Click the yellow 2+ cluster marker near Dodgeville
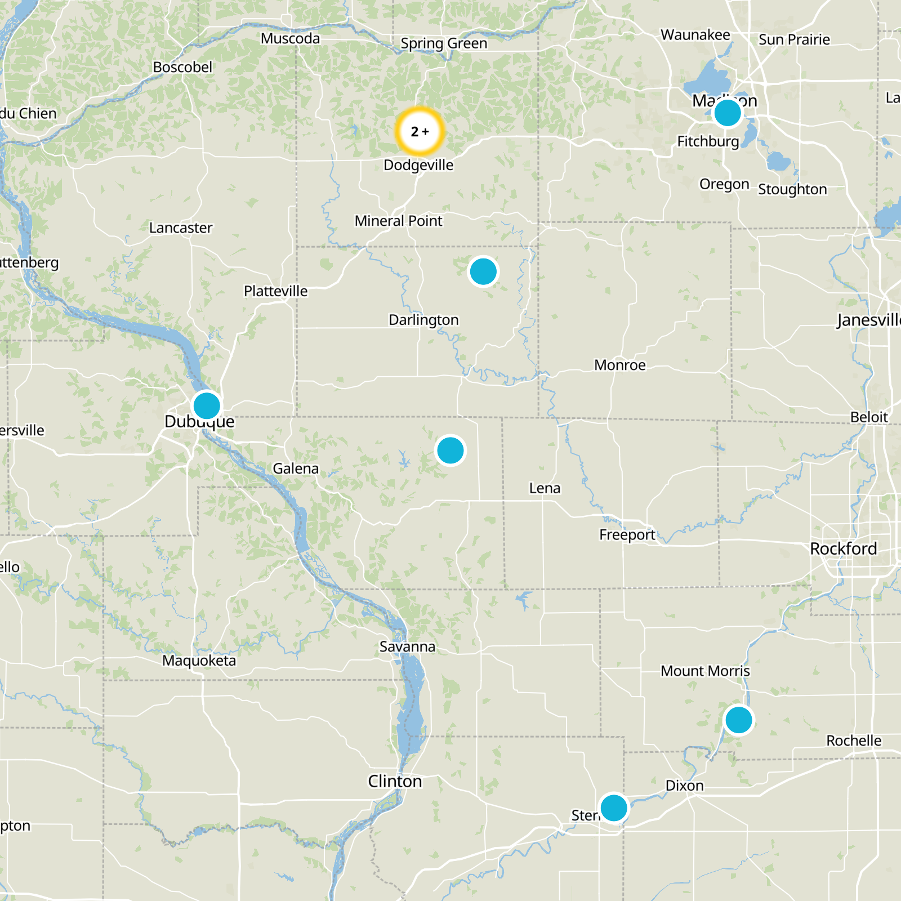pos(420,131)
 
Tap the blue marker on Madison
pos(727,113)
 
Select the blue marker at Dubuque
pos(207,405)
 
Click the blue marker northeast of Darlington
pos(483,271)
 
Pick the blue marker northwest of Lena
pos(450,450)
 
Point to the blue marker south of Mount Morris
pos(739,720)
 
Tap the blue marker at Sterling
pos(614,808)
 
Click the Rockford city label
pos(843,548)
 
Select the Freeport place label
pos(627,534)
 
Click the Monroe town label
pos(619,365)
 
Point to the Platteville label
pos(275,291)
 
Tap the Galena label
pos(296,469)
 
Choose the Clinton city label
pos(395,781)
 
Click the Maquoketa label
pos(199,660)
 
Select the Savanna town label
pos(407,646)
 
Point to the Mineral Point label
pos(398,221)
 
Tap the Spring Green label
pos(444,43)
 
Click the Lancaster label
pos(181,228)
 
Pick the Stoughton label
pos(792,189)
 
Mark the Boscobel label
pos(182,67)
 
